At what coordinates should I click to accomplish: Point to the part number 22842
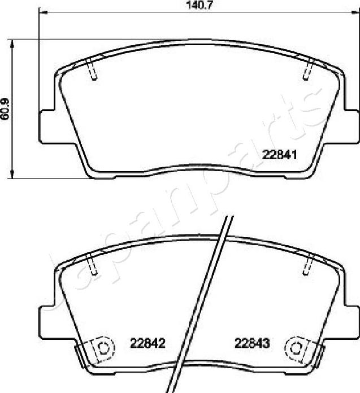[x=148, y=343]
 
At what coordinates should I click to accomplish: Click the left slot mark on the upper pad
[x=93, y=68]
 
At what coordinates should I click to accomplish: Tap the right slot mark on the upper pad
[x=308, y=68]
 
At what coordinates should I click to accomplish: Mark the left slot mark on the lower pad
[x=92, y=264]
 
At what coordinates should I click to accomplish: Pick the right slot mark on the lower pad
[x=309, y=264]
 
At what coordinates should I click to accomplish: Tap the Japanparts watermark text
[x=181, y=198]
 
